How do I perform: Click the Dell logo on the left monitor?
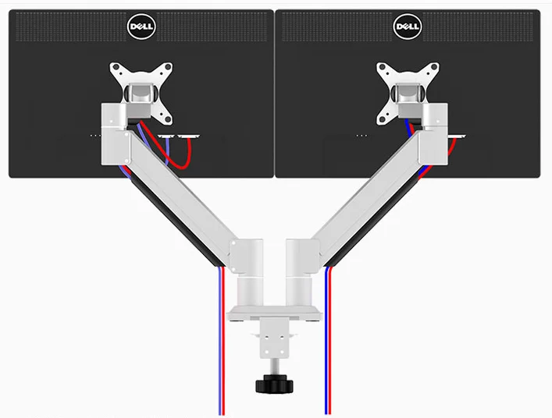click(141, 27)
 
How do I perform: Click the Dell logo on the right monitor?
click(408, 27)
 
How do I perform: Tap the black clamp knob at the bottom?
click(274, 384)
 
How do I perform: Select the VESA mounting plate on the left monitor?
click(141, 93)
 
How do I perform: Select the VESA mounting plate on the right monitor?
click(408, 93)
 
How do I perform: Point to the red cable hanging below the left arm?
click(223, 341)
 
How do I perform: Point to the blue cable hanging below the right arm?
click(326, 341)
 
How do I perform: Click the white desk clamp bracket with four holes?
click(274, 338)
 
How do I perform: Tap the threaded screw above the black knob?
click(274, 367)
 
